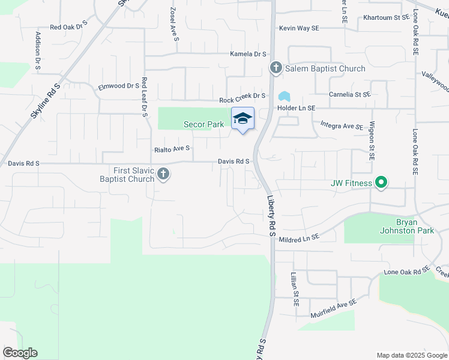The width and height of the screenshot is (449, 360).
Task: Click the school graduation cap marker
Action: [x=243, y=119]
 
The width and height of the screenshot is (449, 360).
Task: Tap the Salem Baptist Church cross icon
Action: [x=276, y=68]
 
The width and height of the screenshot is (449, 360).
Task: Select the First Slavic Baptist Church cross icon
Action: [x=163, y=175]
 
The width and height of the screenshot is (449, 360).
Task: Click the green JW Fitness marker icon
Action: [x=381, y=182]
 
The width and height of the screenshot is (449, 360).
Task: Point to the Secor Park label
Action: [x=203, y=124]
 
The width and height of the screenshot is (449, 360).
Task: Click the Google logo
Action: [x=20, y=353]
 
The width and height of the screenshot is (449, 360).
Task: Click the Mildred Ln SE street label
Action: [x=298, y=239]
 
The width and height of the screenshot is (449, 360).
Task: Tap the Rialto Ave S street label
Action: [x=172, y=148]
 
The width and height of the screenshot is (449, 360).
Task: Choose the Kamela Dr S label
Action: [x=248, y=54]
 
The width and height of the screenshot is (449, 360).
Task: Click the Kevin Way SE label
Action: [x=299, y=28]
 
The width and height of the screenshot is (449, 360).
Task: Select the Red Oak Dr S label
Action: [x=68, y=27]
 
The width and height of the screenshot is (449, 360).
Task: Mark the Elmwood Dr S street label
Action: [x=119, y=86]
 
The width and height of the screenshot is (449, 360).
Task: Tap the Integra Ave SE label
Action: [x=341, y=127]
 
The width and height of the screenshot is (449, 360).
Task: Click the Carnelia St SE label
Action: [x=349, y=94]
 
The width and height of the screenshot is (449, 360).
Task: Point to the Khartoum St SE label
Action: [x=385, y=18]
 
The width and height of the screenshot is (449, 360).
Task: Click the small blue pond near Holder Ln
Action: [x=283, y=96]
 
